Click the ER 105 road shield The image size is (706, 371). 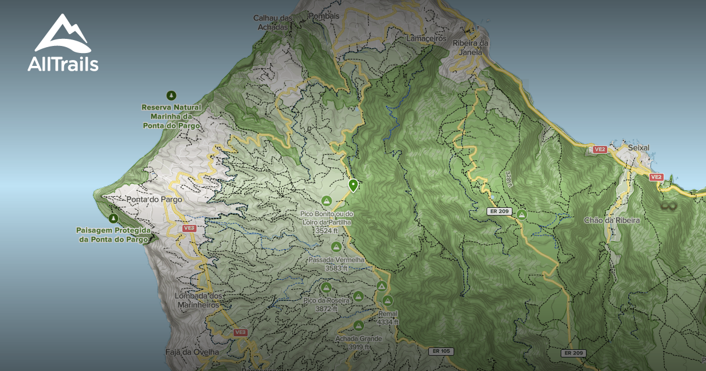coord(441,352)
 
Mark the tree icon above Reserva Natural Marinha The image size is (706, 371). coord(171,95)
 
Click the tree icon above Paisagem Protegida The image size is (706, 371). coord(114,218)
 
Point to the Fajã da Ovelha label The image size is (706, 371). coord(192,352)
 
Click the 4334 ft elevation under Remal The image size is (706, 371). coord(387,322)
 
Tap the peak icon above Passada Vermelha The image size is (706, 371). coord(336,246)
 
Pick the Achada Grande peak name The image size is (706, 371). coord(358,339)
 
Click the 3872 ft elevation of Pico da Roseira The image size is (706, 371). coord(326,309)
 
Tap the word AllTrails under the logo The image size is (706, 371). coord(63,64)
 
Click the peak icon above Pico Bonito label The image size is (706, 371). coord(327,200)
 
